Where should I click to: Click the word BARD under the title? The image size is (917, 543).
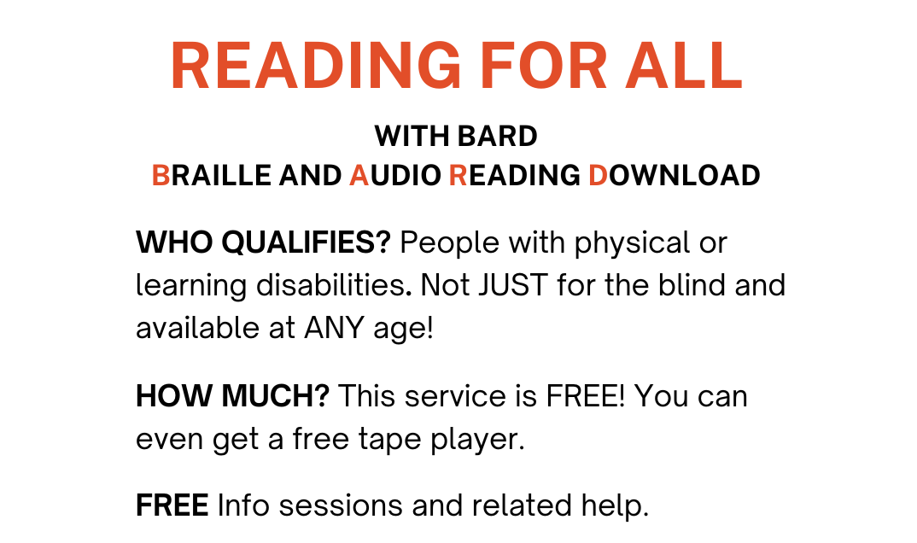click(498, 137)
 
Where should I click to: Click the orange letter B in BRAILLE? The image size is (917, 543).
click(161, 176)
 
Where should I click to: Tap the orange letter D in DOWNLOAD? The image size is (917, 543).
click(599, 176)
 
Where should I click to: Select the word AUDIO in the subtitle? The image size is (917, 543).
click(395, 176)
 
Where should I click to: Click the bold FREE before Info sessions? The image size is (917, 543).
click(172, 506)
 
